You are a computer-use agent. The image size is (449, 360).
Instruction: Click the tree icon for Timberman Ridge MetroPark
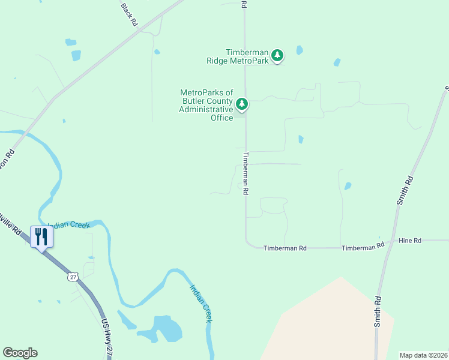pyautogui.click(x=277, y=55)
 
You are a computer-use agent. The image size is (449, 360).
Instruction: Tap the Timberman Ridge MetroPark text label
pyautogui.click(x=238, y=56)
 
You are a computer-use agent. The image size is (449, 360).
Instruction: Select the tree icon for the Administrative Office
pyautogui.click(x=241, y=104)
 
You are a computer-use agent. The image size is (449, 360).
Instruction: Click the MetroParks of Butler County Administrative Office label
pyautogui.click(x=206, y=105)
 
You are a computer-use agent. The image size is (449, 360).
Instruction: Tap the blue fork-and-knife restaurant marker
pyautogui.click(x=41, y=236)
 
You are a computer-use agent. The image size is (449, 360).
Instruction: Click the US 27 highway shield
pyautogui.click(x=73, y=276)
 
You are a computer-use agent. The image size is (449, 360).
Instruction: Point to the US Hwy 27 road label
pyautogui.click(x=107, y=338)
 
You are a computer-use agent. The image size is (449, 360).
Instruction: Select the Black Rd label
pyautogui.click(x=130, y=14)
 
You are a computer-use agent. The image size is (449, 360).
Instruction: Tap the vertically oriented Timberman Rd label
pyautogui.click(x=246, y=172)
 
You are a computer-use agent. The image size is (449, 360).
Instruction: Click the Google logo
pyautogui.click(x=20, y=353)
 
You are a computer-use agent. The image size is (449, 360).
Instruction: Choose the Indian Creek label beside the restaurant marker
pyautogui.click(x=69, y=226)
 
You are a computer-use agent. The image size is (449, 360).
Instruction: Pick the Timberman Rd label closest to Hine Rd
pyautogui.click(x=363, y=247)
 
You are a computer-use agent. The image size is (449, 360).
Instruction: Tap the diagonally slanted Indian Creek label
pyautogui.click(x=201, y=303)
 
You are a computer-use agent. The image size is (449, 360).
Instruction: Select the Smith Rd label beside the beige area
pyautogui.click(x=378, y=311)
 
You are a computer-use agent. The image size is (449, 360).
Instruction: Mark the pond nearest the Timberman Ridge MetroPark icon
pyautogui.click(x=299, y=50)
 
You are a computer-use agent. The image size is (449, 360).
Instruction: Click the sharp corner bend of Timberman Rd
pyautogui.click(x=248, y=244)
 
